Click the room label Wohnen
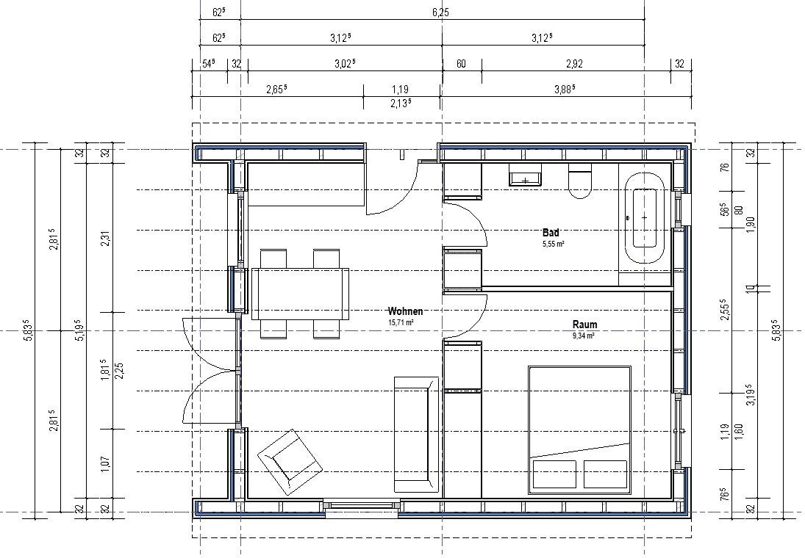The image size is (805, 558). coord(405,311)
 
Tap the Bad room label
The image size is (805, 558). coord(551,232)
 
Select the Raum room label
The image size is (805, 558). coord(584,324)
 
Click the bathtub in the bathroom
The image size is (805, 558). coord(644,217)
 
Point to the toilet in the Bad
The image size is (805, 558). coord(580,181)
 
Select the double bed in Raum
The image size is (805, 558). coord(579,430)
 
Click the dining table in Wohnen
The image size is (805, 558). coord(301,294)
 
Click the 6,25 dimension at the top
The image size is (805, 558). coord(440,12)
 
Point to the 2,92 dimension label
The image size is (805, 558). coord(574,64)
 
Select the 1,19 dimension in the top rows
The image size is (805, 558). coord(400,90)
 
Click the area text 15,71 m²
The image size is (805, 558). coord(401,322)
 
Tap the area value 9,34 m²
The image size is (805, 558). coord(584,336)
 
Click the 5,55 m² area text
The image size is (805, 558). coord(554,244)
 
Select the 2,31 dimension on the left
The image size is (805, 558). coord(105,238)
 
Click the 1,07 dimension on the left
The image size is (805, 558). coord(105,464)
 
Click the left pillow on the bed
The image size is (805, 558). coord(554,474)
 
